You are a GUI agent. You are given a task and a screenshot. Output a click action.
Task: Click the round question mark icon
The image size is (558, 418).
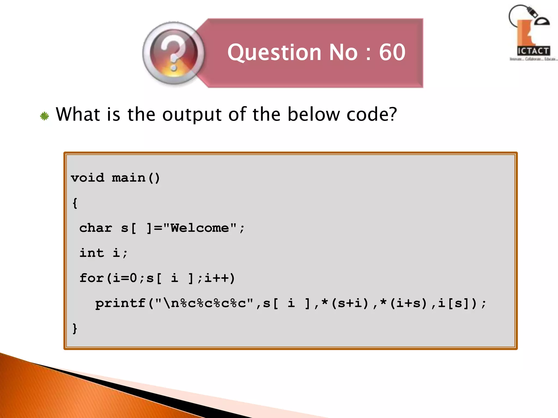[x=174, y=53]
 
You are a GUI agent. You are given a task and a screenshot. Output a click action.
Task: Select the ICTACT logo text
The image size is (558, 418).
[x=533, y=51]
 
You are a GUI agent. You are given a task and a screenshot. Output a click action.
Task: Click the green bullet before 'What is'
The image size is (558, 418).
[x=44, y=116]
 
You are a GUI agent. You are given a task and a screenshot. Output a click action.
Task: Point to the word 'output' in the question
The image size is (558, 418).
[x=192, y=114]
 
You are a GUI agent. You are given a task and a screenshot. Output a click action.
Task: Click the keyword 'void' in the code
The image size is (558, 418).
[x=87, y=178]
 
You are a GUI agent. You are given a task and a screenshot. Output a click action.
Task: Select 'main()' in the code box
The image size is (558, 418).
[x=136, y=178]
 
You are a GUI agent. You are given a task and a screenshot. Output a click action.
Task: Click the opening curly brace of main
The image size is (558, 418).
[x=75, y=203]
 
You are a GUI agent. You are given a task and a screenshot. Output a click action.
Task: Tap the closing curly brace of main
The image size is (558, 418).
[x=75, y=328]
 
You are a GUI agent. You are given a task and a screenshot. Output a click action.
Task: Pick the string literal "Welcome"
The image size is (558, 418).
[x=200, y=228]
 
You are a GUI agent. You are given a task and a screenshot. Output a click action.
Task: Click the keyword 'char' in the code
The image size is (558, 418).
[x=96, y=228]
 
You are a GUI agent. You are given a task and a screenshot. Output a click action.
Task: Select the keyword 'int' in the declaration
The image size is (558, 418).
[x=92, y=253]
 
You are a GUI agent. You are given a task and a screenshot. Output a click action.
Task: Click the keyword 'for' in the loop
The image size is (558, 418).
[x=92, y=278]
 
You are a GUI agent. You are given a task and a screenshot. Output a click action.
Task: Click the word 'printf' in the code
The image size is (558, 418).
[x=120, y=303]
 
